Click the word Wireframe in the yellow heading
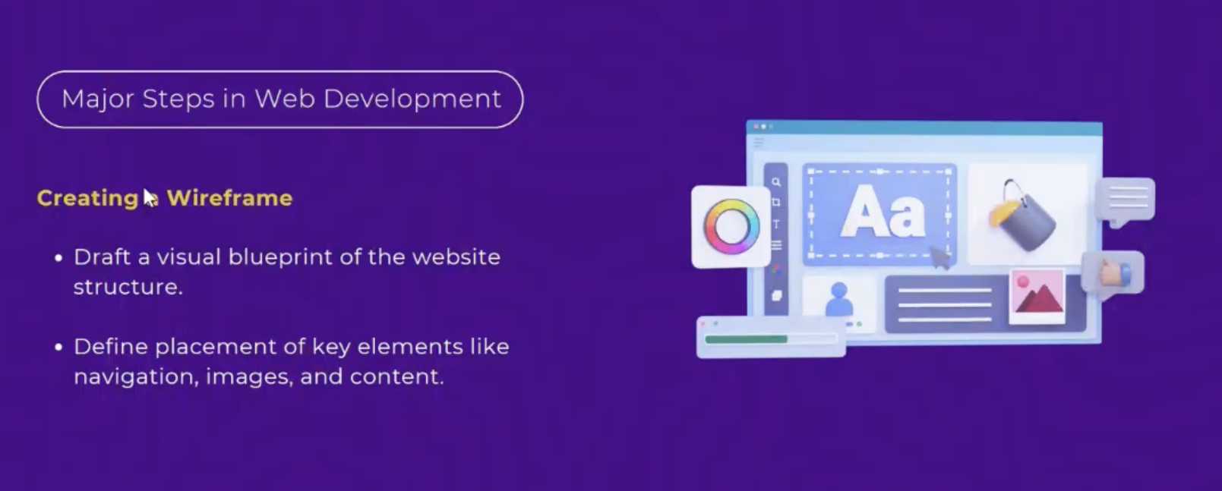tap(229, 198)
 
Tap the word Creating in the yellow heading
tap(87, 199)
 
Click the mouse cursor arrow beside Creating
tap(150, 198)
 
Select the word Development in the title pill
tap(412, 99)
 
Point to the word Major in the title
tap(98, 99)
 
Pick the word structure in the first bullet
tap(128, 287)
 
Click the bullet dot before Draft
tap(59, 258)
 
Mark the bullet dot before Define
tap(59, 347)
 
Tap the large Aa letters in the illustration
tap(883, 212)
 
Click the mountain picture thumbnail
tap(1037, 296)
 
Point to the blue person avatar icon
tap(839, 300)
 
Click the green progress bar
tap(746, 339)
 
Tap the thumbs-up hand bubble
tap(1113, 273)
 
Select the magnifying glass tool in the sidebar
tap(775, 182)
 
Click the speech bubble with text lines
tap(1126, 200)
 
